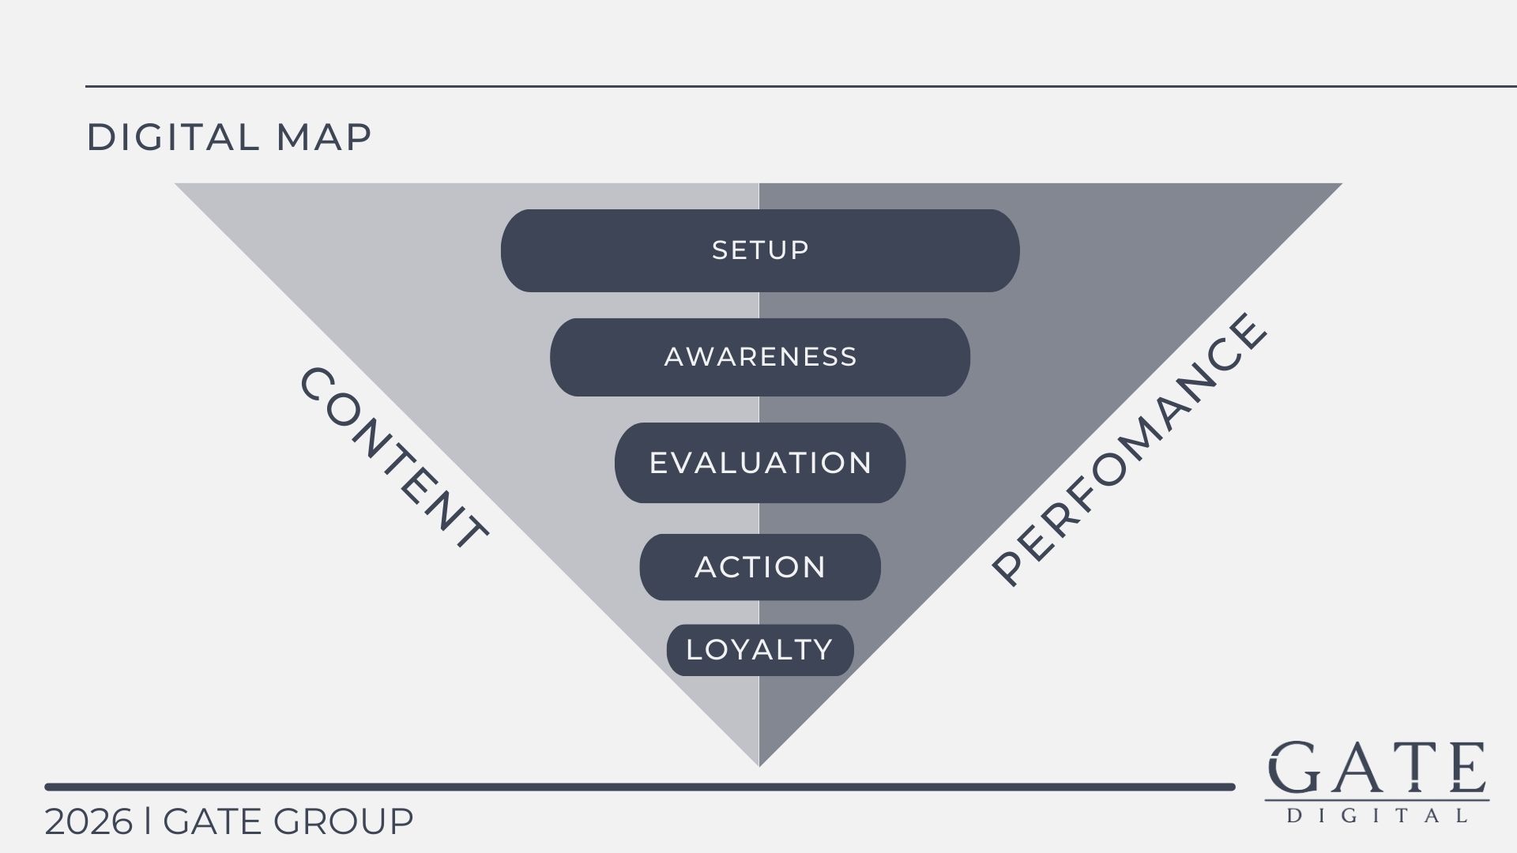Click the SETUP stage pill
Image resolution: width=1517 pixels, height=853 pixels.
click(x=760, y=250)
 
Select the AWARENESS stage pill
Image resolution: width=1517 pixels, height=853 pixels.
click(x=760, y=357)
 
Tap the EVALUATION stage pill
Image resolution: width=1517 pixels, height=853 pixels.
click(x=760, y=463)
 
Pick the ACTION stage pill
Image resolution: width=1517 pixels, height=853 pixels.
click(x=760, y=567)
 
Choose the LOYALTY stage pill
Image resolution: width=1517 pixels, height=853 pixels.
click(x=760, y=650)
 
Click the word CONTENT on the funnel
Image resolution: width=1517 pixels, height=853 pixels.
click(x=393, y=458)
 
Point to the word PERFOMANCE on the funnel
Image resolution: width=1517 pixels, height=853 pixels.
click(x=1129, y=449)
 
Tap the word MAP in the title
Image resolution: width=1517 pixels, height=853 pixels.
click(x=324, y=137)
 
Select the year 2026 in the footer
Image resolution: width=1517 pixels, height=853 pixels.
click(x=88, y=822)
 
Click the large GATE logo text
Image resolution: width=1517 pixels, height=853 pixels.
click(x=1377, y=768)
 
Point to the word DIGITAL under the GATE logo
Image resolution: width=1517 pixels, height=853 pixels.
click(x=1377, y=815)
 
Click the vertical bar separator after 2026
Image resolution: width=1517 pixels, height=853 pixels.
click(x=148, y=822)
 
